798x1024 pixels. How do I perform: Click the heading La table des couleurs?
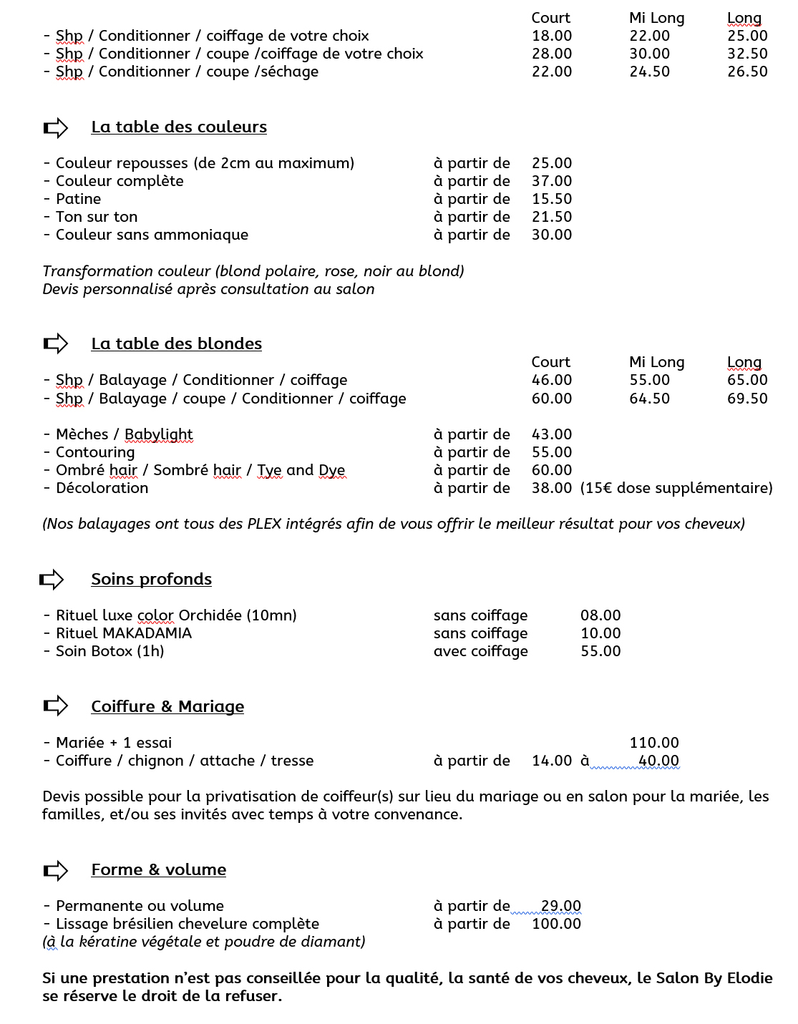click(179, 127)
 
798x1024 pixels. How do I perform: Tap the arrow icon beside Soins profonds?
click(52, 579)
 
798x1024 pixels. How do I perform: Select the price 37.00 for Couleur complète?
click(552, 181)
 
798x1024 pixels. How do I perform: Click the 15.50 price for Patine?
click(552, 199)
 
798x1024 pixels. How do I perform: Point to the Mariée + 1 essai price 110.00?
click(654, 743)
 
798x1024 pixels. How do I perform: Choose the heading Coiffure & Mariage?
click(167, 707)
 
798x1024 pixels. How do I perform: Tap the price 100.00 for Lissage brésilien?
click(556, 924)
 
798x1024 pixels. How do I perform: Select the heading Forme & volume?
click(159, 870)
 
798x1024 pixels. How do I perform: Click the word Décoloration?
click(102, 488)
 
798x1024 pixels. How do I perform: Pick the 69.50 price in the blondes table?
click(747, 399)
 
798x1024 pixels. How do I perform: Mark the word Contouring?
click(95, 452)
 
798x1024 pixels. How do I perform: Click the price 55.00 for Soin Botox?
click(600, 651)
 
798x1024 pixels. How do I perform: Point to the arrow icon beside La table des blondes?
click(55, 344)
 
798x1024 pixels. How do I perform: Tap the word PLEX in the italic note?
click(264, 524)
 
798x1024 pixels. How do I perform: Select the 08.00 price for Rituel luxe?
click(600, 615)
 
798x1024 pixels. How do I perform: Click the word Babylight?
click(159, 434)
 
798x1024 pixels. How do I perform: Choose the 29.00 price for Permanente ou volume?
click(560, 906)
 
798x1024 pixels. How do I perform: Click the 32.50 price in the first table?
click(747, 54)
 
